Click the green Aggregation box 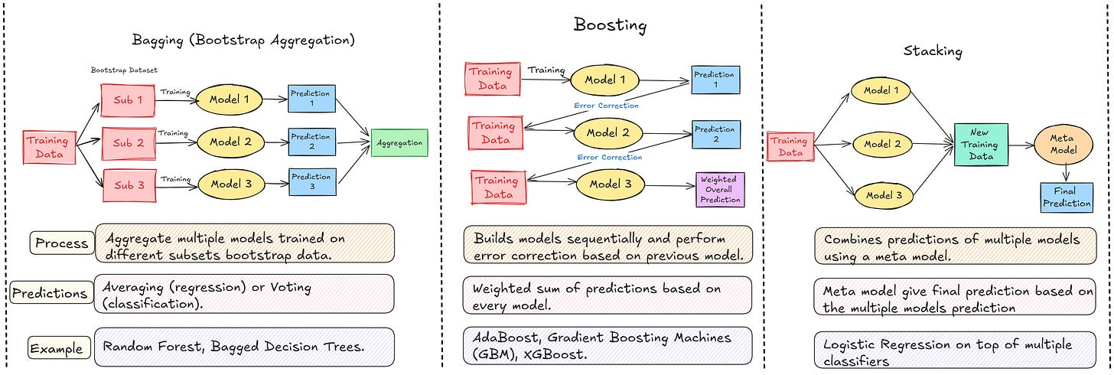coord(400,143)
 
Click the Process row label coord(60,243)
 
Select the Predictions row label coord(49,293)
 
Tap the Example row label coord(56,348)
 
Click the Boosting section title coord(610,25)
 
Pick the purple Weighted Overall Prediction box coord(719,189)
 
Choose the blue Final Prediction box coord(1066,197)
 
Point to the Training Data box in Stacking coord(789,146)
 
